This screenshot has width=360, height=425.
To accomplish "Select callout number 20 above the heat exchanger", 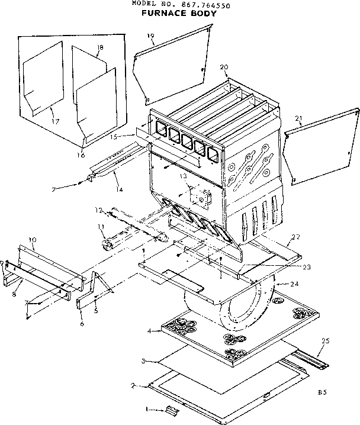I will point(223,67).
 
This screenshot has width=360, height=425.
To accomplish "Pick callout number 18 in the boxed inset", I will point(99,48).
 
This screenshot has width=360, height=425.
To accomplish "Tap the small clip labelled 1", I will point(172,410).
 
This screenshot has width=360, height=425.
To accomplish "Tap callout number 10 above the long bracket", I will point(33,241).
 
